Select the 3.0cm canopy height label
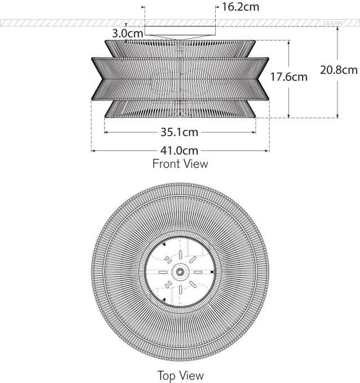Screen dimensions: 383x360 (x=127, y=33)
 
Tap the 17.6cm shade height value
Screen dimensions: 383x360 (x=288, y=77)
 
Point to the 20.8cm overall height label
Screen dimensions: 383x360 (x=338, y=70)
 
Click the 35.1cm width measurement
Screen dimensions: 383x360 (x=179, y=132)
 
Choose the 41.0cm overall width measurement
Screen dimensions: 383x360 (x=179, y=150)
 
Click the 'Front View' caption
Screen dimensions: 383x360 (x=180, y=164)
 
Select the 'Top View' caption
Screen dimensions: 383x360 (x=180, y=375)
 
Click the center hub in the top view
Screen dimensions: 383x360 (x=180, y=272)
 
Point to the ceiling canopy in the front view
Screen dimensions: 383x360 (x=180, y=32)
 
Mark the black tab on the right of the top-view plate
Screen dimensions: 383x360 (x=211, y=272)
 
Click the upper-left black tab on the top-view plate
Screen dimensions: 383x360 (x=164, y=245)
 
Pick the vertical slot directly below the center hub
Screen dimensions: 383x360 (x=180, y=289)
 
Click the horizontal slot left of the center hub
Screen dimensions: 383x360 (x=164, y=272)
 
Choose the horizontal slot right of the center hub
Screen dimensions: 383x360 (x=196, y=272)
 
